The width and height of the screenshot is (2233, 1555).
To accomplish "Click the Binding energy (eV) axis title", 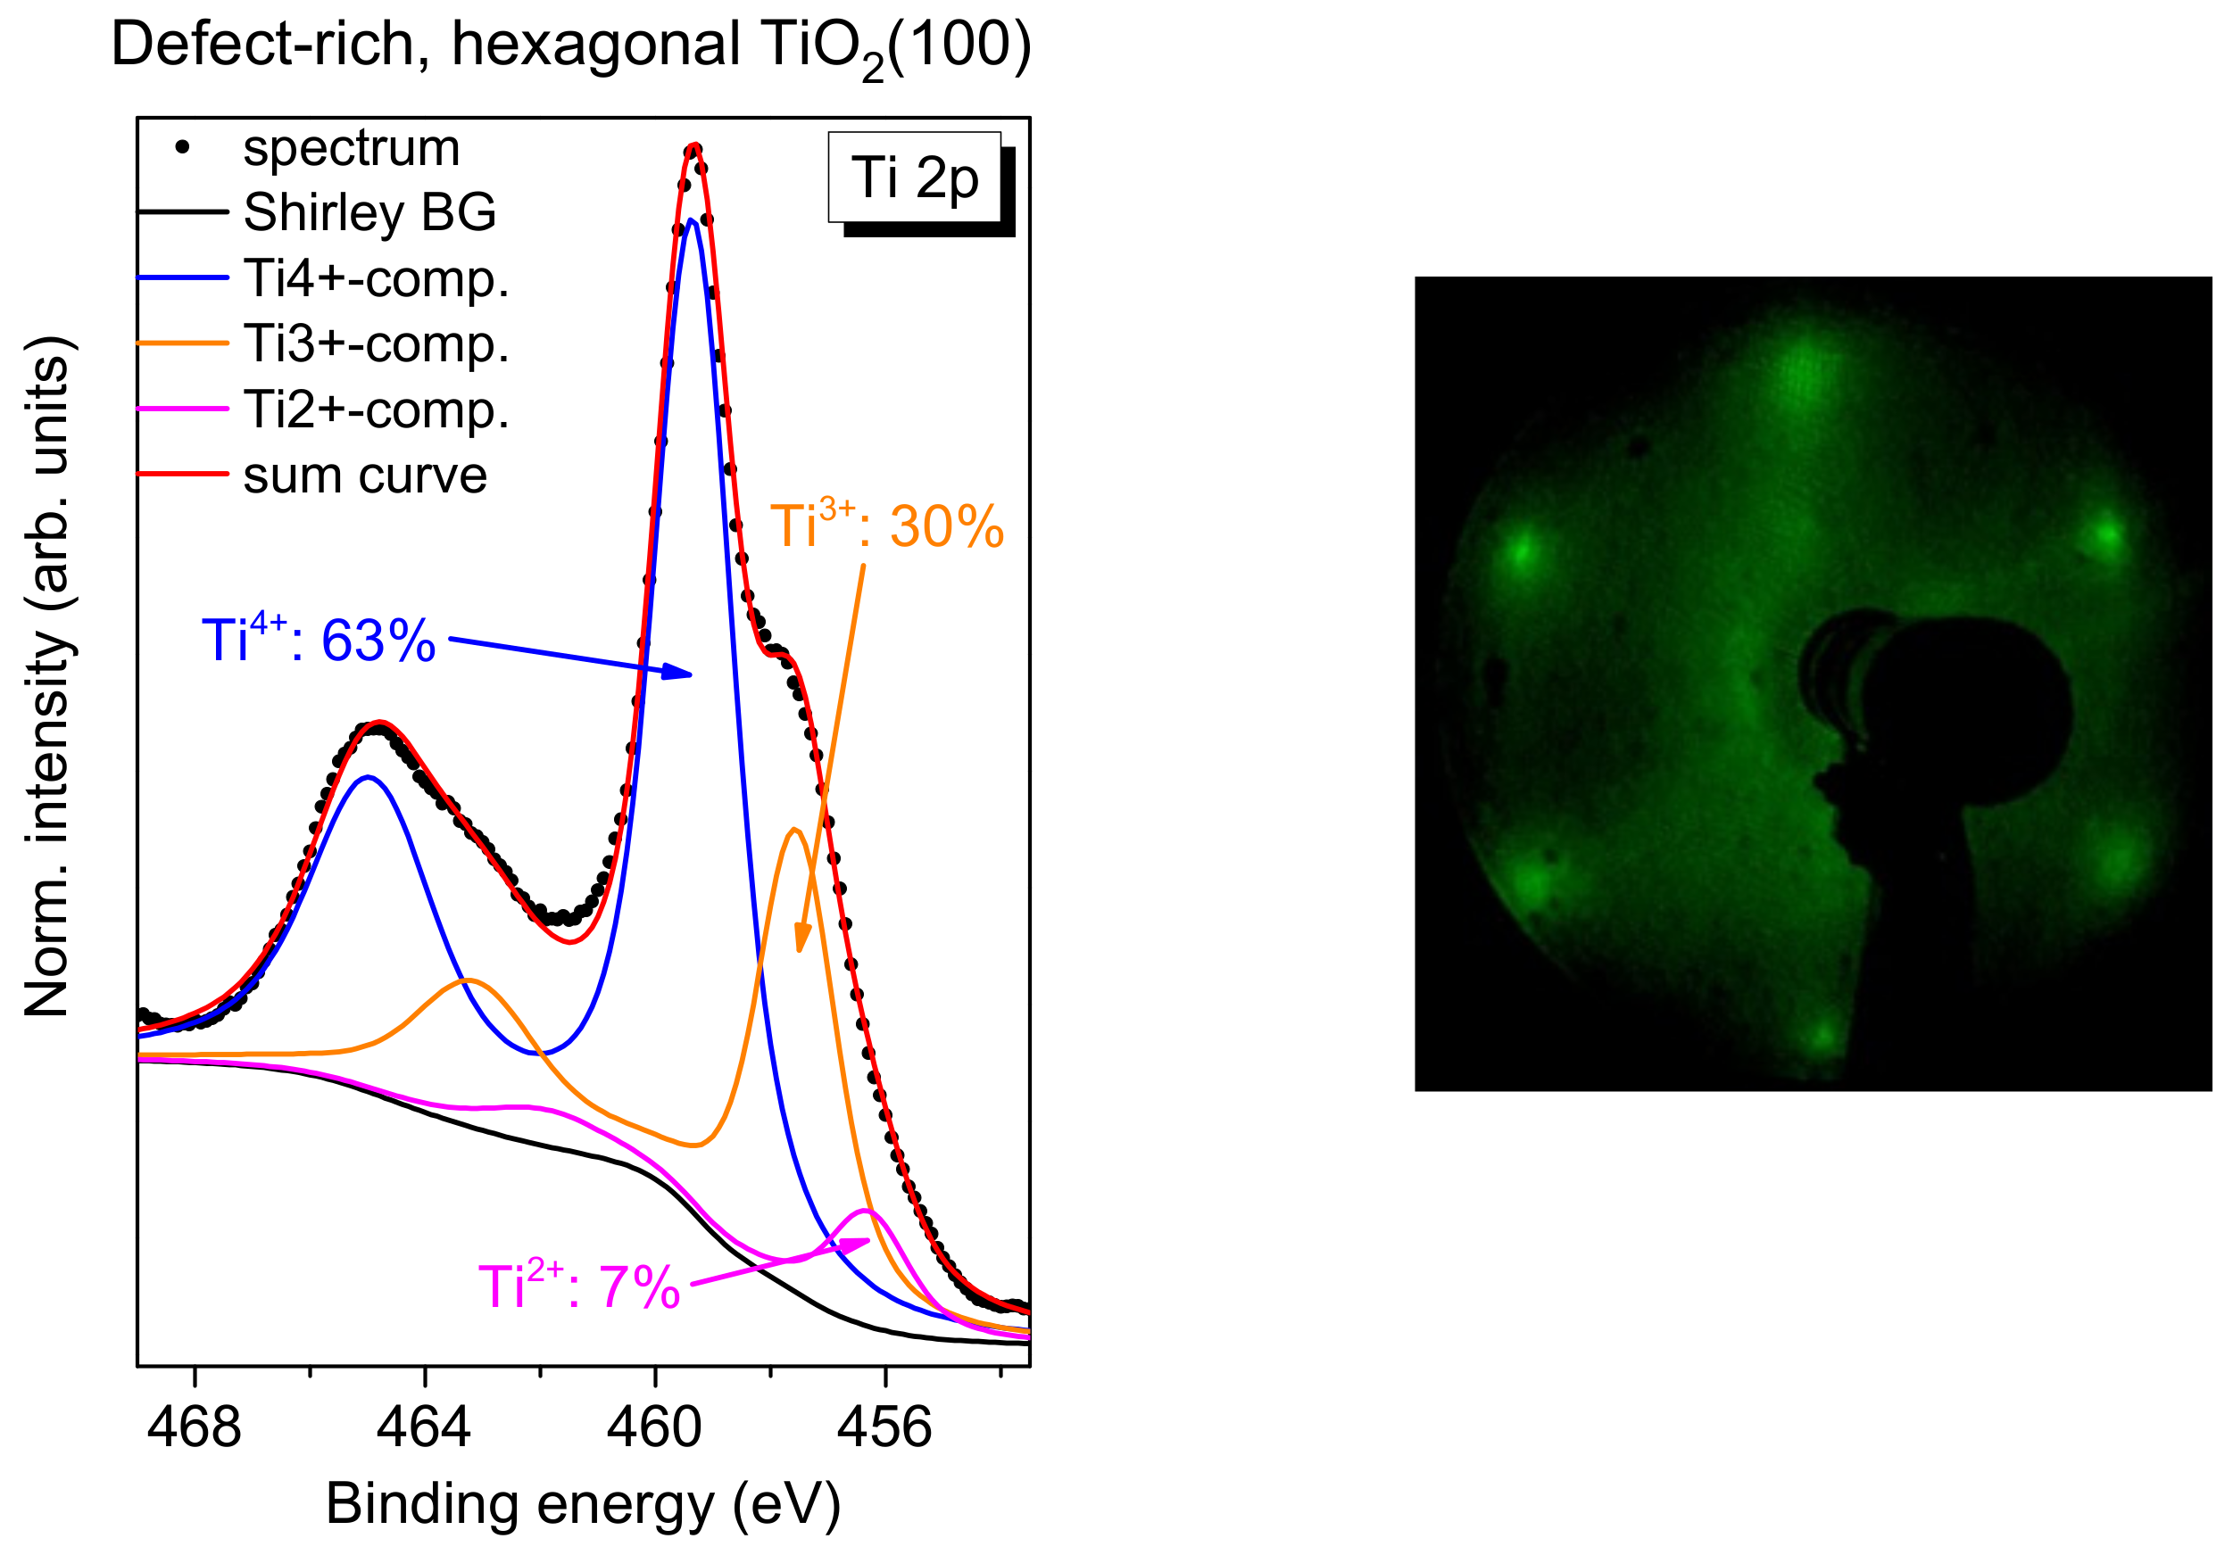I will click(583, 1504).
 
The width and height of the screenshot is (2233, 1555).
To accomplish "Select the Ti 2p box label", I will click(914, 178).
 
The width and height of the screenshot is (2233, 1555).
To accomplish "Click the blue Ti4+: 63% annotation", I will click(318, 640).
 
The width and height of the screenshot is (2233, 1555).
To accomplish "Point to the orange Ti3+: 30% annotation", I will click(886, 526).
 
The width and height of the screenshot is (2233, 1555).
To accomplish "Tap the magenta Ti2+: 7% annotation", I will click(578, 1286).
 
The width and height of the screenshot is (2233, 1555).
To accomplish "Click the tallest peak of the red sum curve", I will click(693, 148).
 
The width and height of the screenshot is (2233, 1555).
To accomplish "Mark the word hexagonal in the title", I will click(595, 45).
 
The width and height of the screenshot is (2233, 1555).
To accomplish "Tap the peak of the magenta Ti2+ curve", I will click(865, 1211).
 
